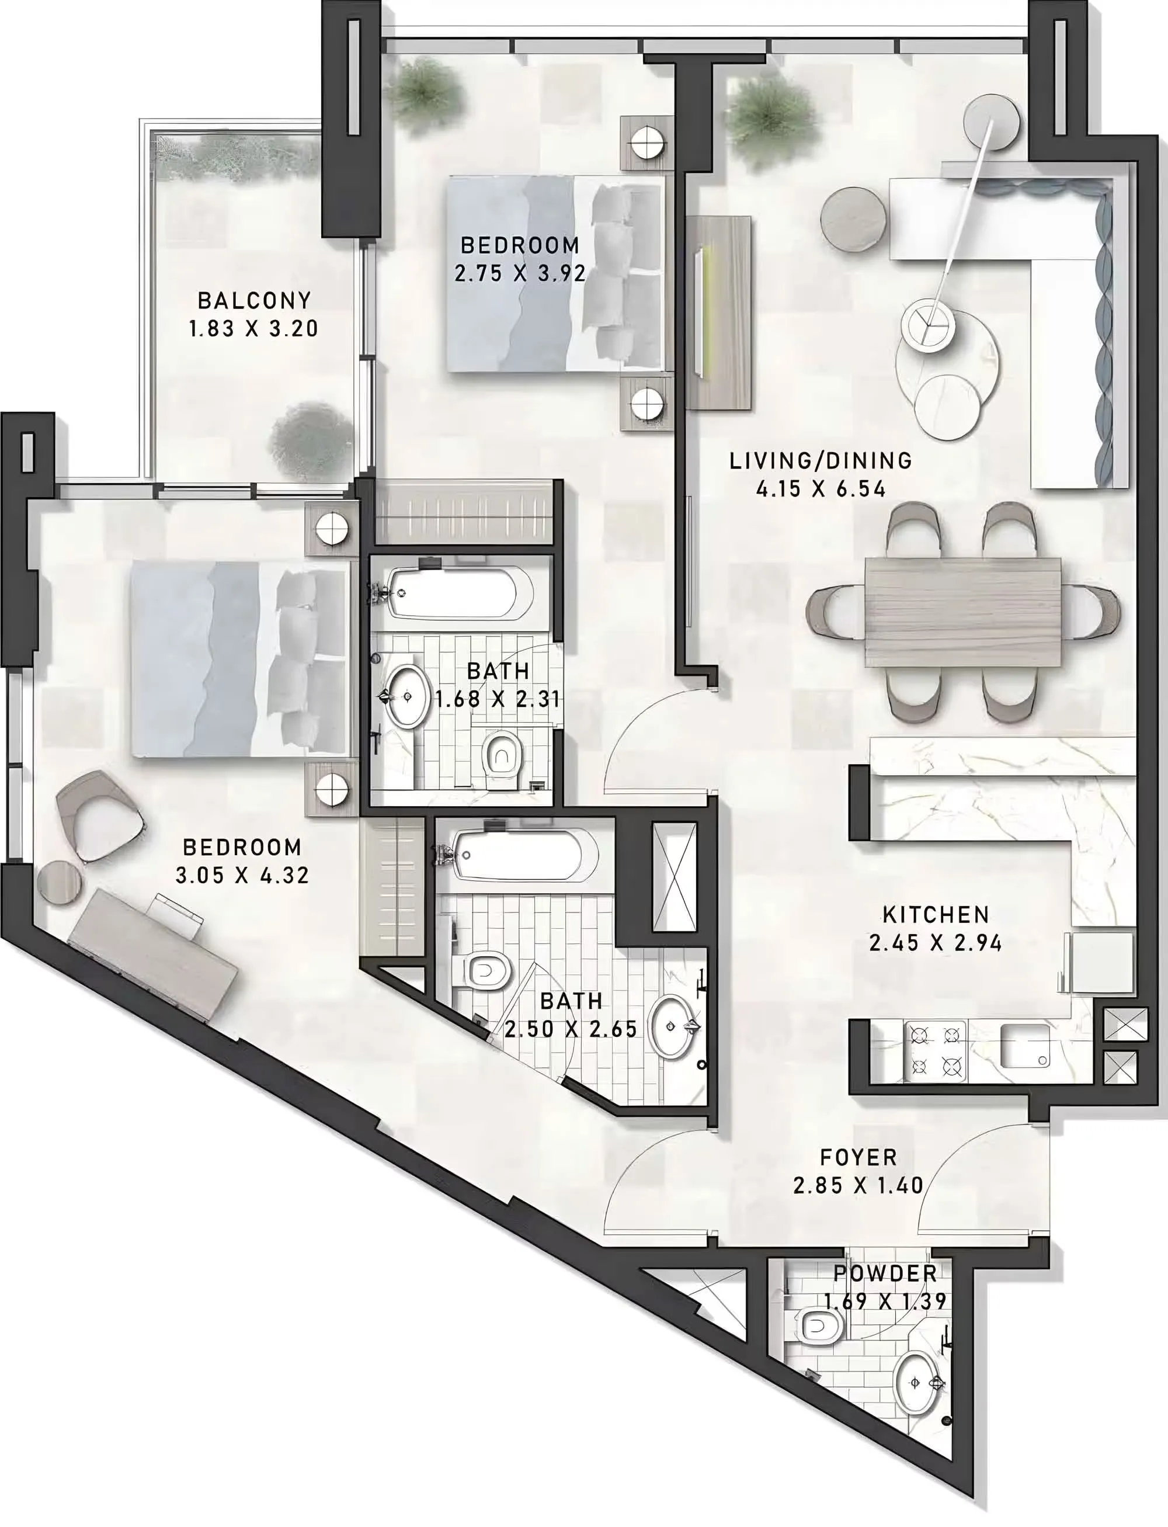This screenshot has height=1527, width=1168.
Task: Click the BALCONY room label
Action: pos(255,300)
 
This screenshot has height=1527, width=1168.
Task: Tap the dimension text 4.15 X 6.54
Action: pos(821,490)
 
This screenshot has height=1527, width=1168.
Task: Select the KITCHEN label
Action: pos(936,914)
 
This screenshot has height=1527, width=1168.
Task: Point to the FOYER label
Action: pos(858,1158)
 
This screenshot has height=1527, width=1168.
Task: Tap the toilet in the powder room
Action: pos(821,1327)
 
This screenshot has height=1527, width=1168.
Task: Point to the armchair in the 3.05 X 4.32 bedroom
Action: pos(101,815)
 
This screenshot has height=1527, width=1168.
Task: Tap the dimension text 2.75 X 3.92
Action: pos(520,273)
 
